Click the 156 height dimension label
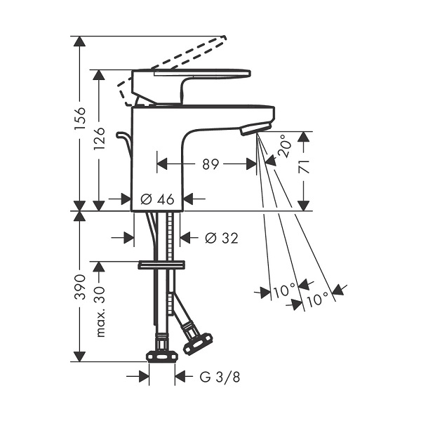(80, 119)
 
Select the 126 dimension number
(100, 139)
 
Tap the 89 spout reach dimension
(210, 164)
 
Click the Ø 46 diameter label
(157, 199)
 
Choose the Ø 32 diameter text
(222, 238)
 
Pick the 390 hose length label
(80, 287)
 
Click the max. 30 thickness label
(100, 312)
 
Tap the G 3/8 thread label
(220, 377)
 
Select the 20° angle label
(284, 146)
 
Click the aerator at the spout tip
(256, 128)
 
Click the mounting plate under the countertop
(161, 265)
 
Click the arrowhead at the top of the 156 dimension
(79, 41)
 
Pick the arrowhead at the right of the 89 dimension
(252, 164)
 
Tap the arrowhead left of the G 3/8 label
(144, 376)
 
